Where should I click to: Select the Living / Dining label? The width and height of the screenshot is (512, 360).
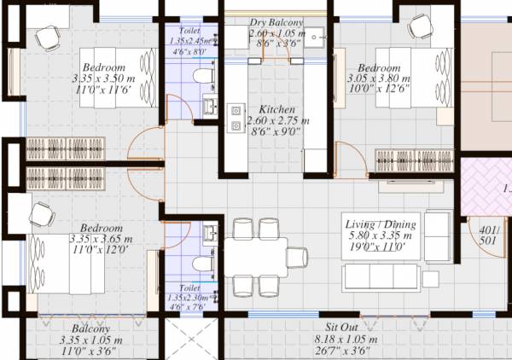[x=380, y=224]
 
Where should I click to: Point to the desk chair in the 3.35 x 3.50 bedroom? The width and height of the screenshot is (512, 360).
[x=48, y=36]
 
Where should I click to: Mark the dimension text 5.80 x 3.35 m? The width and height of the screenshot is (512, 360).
[x=380, y=235]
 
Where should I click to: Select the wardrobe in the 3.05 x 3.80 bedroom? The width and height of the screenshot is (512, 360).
[x=413, y=159]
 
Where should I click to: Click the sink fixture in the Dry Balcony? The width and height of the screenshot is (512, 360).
[x=315, y=38]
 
